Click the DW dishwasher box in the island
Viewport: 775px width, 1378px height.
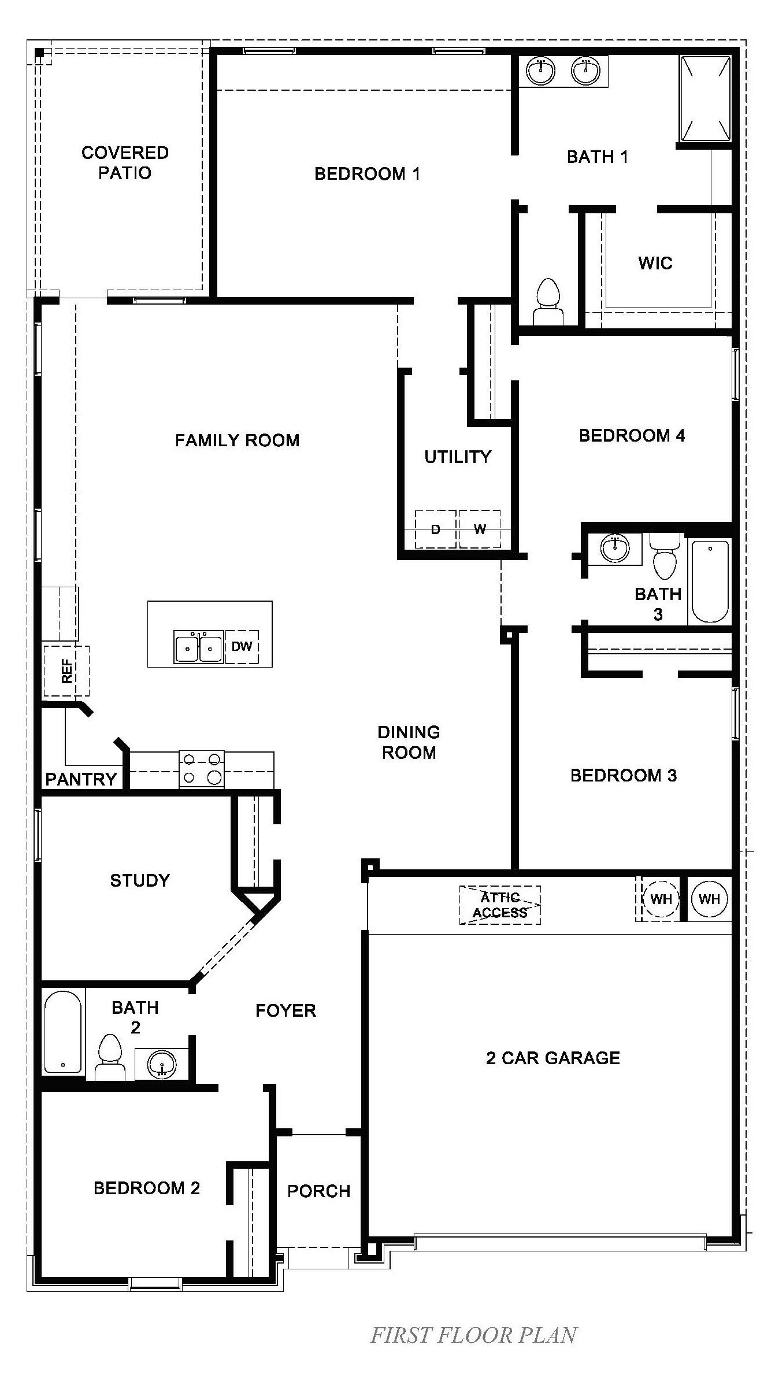pyautogui.click(x=242, y=647)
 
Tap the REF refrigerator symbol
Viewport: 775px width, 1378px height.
pyautogui.click(x=66, y=671)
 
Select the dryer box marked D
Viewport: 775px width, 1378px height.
pyautogui.click(x=436, y=529)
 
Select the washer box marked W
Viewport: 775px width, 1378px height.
pyautogui.click(x=480, y=529)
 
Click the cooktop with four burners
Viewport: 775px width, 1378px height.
pyautogui.click(x=202, y=769)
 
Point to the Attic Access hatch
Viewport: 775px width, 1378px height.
pyautogui.click(x=500, y=905)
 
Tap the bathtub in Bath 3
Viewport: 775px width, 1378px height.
pyautogui.click(x=710, y=581)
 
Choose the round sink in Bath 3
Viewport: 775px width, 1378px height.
pyautogui.click(x=614, y=547)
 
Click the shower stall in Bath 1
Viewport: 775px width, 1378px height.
pyautogui.click(x=705, y=98)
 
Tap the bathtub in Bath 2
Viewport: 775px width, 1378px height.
pyautogui.click(x=63, y=1032)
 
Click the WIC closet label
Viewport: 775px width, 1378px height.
pyautogui.click(x=655, y=264)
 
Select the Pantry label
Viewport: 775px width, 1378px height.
pyautogui.click(x=81, y=779)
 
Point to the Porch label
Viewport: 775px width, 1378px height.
pyautogui.click(x=318, y=1191)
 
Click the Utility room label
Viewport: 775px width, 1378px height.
pyautogui.click(x=457, y=457)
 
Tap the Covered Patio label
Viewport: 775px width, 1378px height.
pyautogui.click(x=125, y=162)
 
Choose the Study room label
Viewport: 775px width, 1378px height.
pyautogui.click(x=140, y=880)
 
